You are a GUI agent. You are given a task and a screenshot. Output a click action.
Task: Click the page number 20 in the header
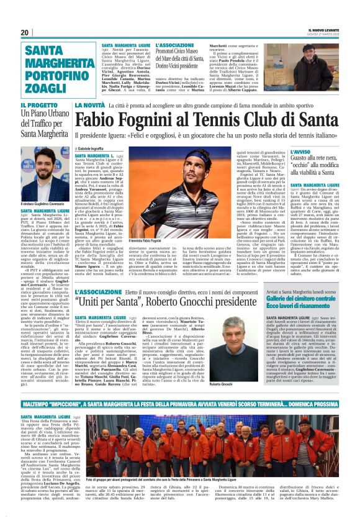tap(24, 32)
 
